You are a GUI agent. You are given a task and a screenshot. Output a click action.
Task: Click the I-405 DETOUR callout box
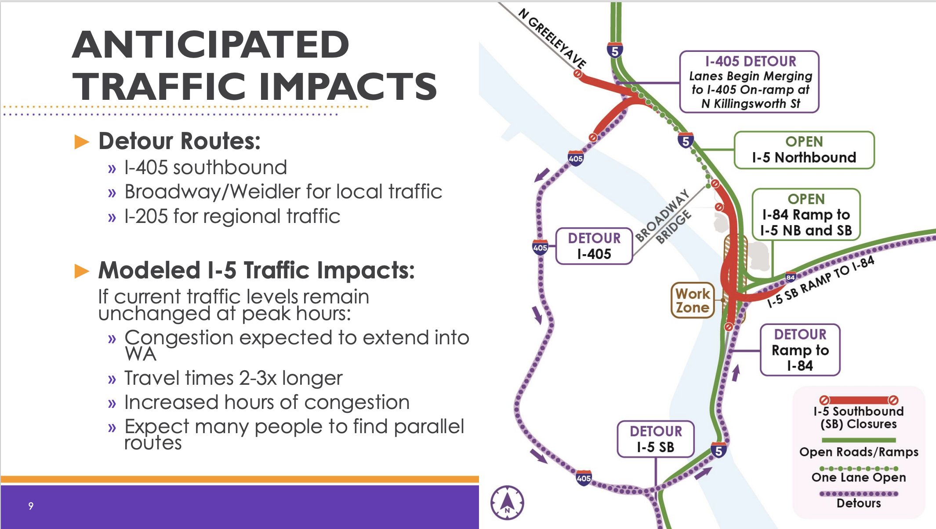(749, 82)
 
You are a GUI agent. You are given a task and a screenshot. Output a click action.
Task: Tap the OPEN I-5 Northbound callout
(804, 150)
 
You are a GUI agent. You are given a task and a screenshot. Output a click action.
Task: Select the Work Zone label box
(693, 300)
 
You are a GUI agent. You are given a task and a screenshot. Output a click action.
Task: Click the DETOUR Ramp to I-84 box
(800, 350)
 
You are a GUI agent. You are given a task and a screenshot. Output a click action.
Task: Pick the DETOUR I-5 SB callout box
(656, 439)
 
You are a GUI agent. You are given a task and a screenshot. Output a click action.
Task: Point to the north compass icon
(507, 502)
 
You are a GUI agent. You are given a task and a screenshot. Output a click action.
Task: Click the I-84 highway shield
(791, 277)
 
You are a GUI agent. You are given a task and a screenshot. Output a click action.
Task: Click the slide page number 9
(31, 506)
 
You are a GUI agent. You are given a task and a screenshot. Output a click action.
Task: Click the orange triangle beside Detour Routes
(82, 142)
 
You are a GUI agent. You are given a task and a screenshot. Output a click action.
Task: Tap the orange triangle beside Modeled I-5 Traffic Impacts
(82, 271)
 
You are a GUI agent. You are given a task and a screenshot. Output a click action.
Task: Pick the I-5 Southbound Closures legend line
(859, 400)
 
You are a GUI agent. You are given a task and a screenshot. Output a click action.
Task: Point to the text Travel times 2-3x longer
(233, 378)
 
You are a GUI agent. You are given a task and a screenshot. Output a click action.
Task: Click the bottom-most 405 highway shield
(584, 478)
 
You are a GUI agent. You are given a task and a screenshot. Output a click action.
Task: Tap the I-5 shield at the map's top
(615, 50)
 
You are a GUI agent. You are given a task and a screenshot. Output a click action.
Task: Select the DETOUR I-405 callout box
(594, 246)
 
